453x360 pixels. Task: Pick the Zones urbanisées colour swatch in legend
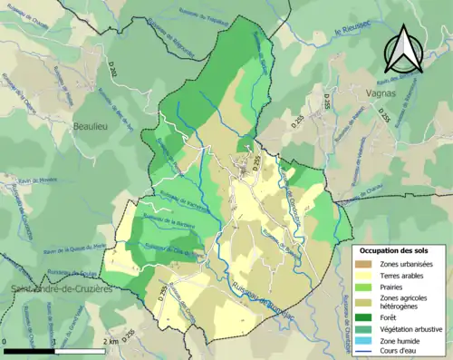pyautogui.click(x=366, y=263)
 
